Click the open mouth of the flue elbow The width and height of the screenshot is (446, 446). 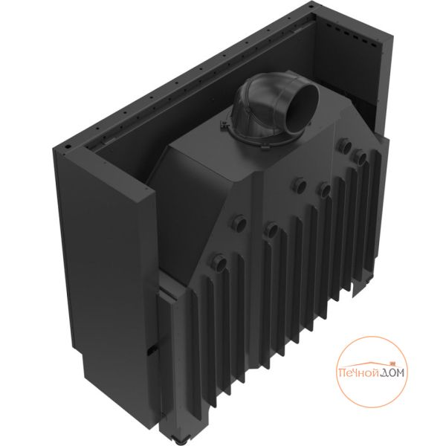pyautogui.click(x=302, y=109)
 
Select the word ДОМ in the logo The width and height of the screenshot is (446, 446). pyautogui.click(x=394, y=372)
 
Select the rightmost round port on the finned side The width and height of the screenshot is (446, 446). pyautogui.click(x=359, y=157)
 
